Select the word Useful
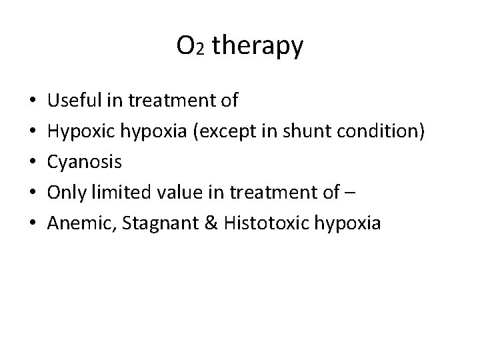click(75, 101)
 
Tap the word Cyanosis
click(85, 163)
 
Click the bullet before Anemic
click(34, 224)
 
